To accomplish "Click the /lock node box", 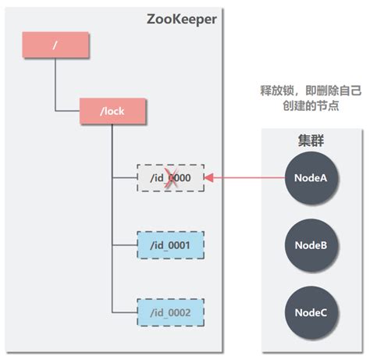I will point(112,112).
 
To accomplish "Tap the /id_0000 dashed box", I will point(170,178).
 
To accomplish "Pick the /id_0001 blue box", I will point(170,245).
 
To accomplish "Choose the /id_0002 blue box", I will point(170,312).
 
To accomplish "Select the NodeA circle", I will point(310,178).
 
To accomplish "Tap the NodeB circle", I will point(310,244).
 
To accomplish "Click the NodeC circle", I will point(310,312).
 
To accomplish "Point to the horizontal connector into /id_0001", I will point(124,245).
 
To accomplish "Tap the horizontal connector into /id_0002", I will point(124,312).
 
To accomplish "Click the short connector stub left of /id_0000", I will point(124,178).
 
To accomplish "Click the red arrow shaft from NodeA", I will point(250,178).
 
